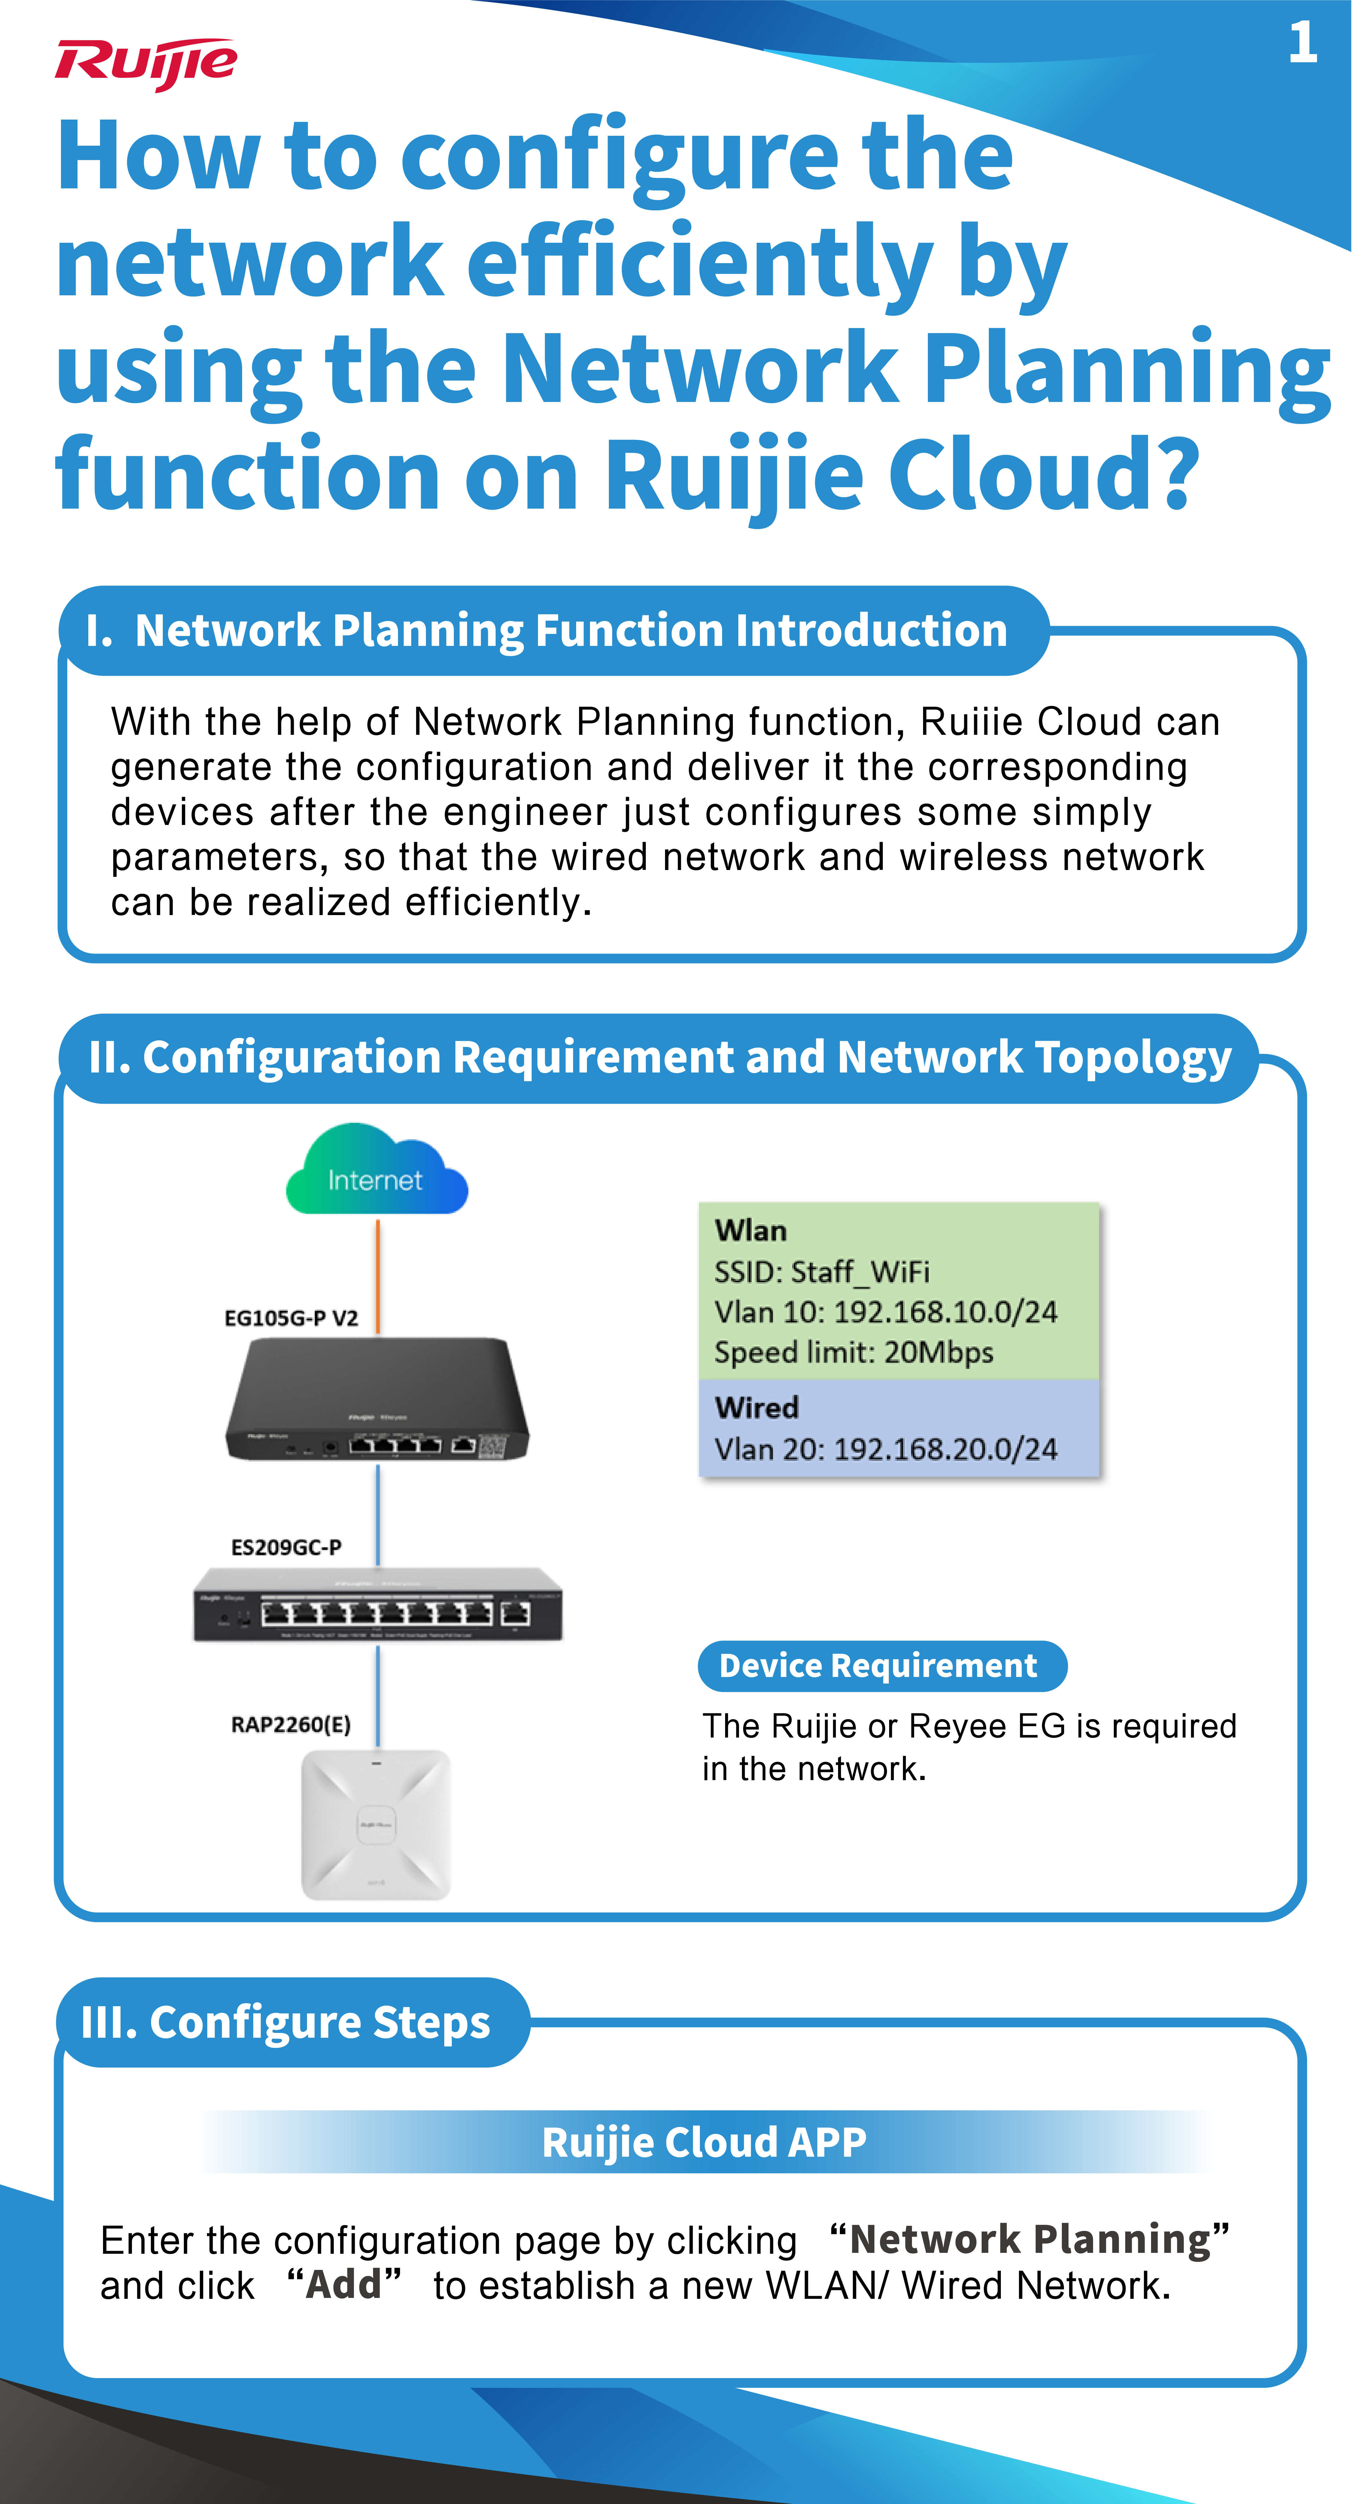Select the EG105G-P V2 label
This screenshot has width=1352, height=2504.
291,1318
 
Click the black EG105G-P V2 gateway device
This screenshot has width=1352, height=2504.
377,1400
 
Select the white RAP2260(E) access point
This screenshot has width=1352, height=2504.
376,1824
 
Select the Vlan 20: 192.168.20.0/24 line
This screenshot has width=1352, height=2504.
886,1449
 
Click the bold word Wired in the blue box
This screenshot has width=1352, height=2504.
756,1407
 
